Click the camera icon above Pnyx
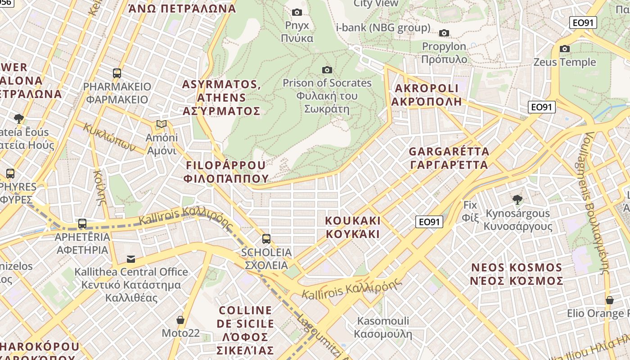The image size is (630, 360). [297, 12]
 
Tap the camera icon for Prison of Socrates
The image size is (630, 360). [327, 70]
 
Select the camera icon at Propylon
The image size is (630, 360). [444, 33]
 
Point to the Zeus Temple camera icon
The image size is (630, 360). [565, 49]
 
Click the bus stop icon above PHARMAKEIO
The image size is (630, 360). [117, 73]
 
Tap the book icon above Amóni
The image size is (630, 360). [161, 124]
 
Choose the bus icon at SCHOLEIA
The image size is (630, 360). [266, 238]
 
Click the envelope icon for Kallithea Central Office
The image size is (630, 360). [131, 259]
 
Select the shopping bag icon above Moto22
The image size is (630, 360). [180, 320]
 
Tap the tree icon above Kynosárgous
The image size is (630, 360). [517, 199]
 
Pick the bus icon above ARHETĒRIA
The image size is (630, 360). [82, 223]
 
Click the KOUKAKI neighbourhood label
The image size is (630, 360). [353, 227]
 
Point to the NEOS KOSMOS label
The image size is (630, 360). [517, 274]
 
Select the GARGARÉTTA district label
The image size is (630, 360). [449, 157]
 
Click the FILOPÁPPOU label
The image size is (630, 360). [226, 171]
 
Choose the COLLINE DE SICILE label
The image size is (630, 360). [245, 330]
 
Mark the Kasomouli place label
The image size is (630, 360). [383, 327]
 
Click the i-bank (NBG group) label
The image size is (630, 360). [383, 28]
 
